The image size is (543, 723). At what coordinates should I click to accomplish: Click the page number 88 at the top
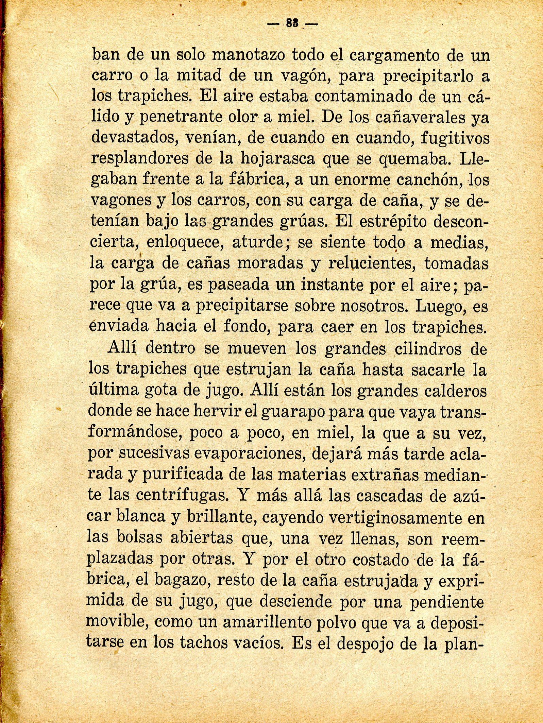point(292,23)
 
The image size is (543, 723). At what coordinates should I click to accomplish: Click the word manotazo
point(249,55)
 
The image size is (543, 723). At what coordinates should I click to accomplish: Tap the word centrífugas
point(182,495)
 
